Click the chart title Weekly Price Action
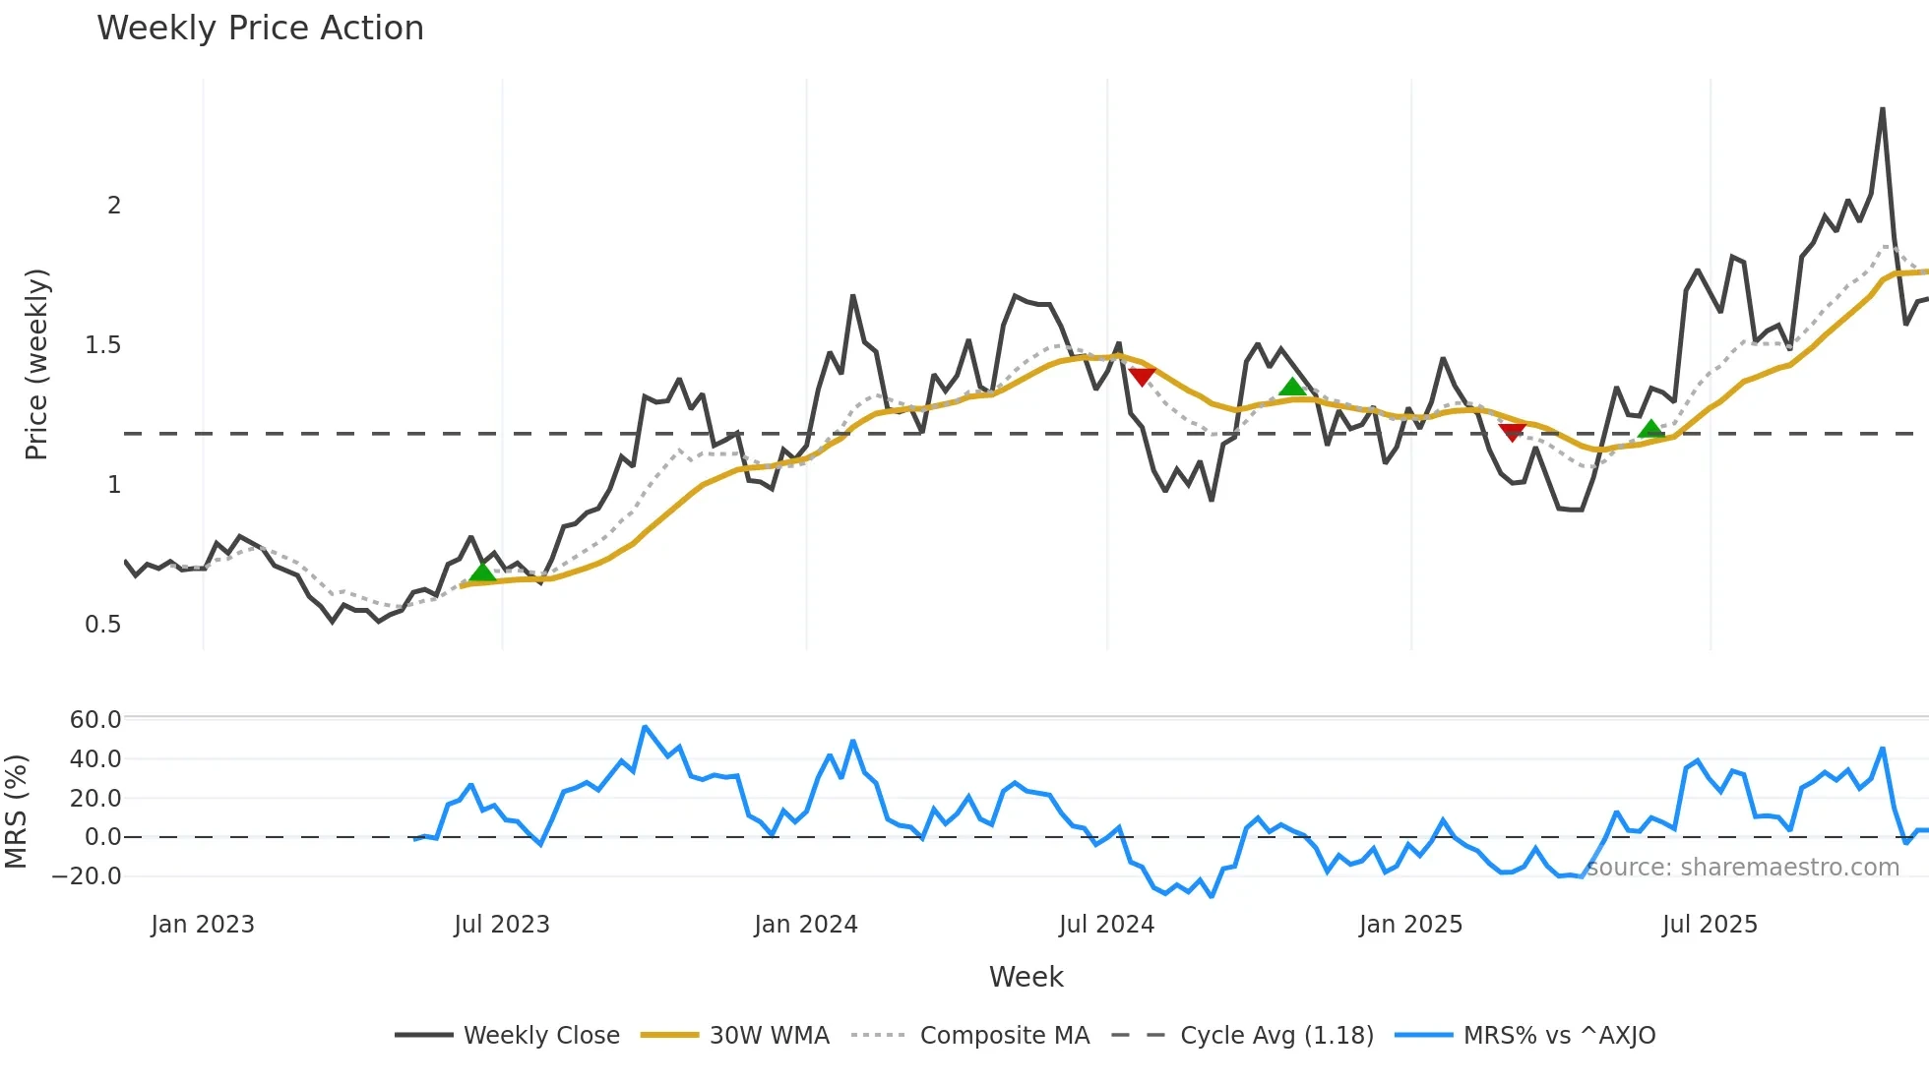point(260,29)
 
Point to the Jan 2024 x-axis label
point(806,925)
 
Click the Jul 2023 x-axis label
point(502,925)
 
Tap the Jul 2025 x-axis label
point(1710,925)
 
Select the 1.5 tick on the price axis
point(103,345)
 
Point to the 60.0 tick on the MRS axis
point(95,719)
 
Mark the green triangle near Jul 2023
point(481,572)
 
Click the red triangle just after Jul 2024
point(1142,377)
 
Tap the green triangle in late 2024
point(1292,387)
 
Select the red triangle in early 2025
point(1512,432)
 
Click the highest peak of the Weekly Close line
point(1882,109)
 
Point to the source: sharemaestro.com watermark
point(1743,868)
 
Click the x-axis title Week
point(1026,977)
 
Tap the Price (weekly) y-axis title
point(36,364)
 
